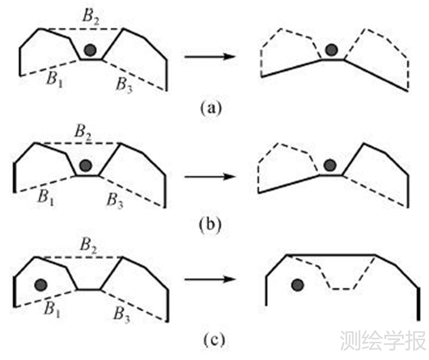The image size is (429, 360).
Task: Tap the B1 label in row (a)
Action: coord(53,79)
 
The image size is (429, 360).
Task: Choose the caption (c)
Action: coord(210,340)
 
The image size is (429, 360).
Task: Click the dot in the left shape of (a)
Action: coord(91,50)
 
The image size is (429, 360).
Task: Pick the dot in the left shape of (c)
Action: coord(41,283)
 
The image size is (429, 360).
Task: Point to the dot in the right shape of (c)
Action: coord(297,285)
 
